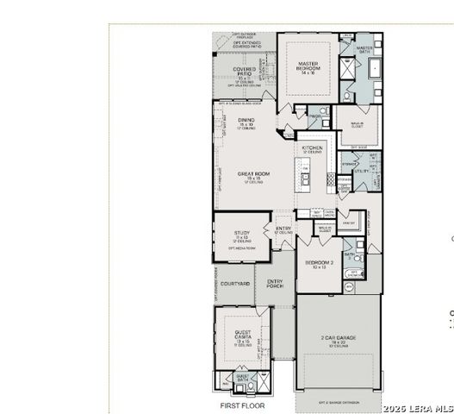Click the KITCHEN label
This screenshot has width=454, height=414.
click(x=312, y=148)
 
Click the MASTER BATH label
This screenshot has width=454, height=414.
click(x=364, y=49)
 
